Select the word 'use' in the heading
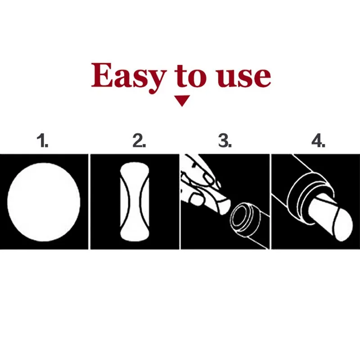243,77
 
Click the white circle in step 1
44,201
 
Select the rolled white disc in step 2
134,201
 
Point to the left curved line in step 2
126,201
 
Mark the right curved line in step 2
143,201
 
